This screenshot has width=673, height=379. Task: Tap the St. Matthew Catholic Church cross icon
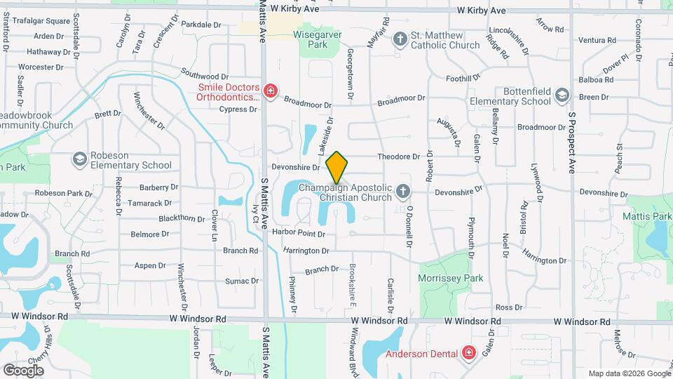click(x=400, y=39)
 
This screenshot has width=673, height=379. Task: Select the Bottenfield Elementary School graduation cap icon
click(x=562, y=95)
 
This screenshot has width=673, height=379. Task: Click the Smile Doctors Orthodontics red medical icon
click(x=270, y=91)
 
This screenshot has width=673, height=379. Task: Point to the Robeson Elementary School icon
click(x=79, y=159)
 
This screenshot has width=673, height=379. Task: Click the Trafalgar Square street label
click(x=38, y=21)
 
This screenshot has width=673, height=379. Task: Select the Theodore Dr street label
click(x=397, y=157)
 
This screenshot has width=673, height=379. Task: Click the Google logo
click(x=23, y=370)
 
